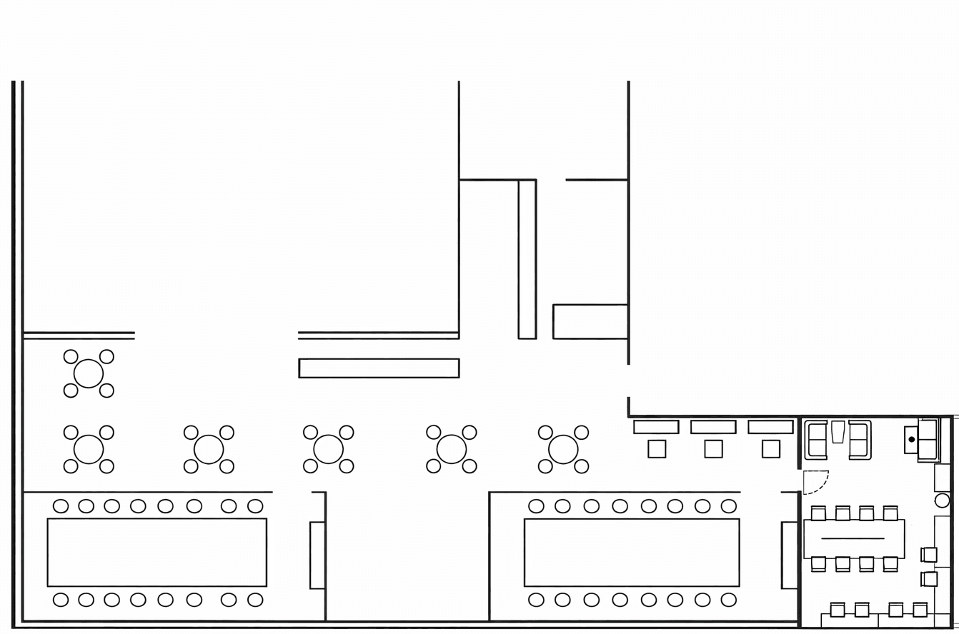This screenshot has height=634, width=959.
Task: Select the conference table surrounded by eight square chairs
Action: click(854, 538)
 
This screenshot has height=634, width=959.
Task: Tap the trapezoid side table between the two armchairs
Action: click(838, 432)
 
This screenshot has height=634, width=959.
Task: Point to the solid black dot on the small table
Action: click(911, 439)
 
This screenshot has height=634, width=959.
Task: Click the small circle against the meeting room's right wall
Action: click(942, 500)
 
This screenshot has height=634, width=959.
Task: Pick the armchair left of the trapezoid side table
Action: click(816, 440)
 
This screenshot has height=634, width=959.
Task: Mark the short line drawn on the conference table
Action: click(853, 538)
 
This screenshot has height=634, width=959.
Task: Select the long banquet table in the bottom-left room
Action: click(156, 552)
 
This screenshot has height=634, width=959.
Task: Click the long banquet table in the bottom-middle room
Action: click(631, 552)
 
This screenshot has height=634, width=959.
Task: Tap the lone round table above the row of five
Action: click(89, 373)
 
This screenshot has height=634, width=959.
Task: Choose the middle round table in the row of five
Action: click(328, 449)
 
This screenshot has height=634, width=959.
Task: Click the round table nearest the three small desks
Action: click(563, 449)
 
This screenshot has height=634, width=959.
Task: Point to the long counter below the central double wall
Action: click(379, 368)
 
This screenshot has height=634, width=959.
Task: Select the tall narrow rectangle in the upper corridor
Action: click(527, 259)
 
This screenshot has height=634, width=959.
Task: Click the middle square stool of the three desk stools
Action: click(713, 448)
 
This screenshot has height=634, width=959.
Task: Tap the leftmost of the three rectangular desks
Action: click(655, 426)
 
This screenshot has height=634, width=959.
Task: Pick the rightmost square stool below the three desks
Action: click(770, 448)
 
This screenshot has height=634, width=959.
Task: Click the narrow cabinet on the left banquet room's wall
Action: click(317, 555)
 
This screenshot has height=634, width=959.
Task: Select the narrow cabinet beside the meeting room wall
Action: click(789, 555)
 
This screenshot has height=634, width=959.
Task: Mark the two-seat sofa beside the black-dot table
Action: click(928, 439)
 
